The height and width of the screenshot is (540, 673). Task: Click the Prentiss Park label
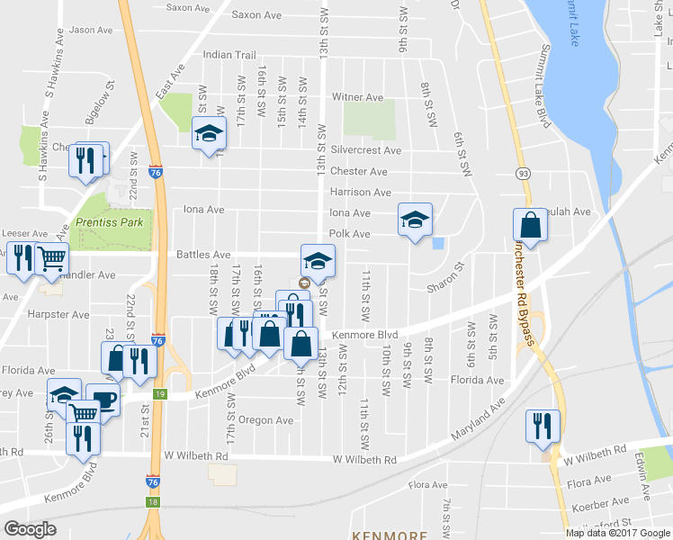[103, 222]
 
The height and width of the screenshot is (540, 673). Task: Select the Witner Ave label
[358, 97]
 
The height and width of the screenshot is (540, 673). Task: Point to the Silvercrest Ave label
[365, 150]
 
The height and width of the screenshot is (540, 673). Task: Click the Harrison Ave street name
[360, 193]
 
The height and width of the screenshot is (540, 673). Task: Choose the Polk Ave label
[349, 234]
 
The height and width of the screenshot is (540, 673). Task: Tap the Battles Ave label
[204, 256]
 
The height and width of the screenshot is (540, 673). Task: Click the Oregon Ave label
[266, 420]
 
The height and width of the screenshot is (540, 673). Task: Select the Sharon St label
[445, 279]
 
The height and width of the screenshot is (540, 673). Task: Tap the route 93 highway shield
[522, 171]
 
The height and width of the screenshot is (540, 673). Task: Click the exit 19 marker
[158, 394]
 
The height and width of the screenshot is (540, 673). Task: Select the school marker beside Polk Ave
[415, 220]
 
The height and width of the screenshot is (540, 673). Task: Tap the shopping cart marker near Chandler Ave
[52, 259]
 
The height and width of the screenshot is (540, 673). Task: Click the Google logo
[30, 529]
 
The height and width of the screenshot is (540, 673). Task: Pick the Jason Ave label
[91, 30]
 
